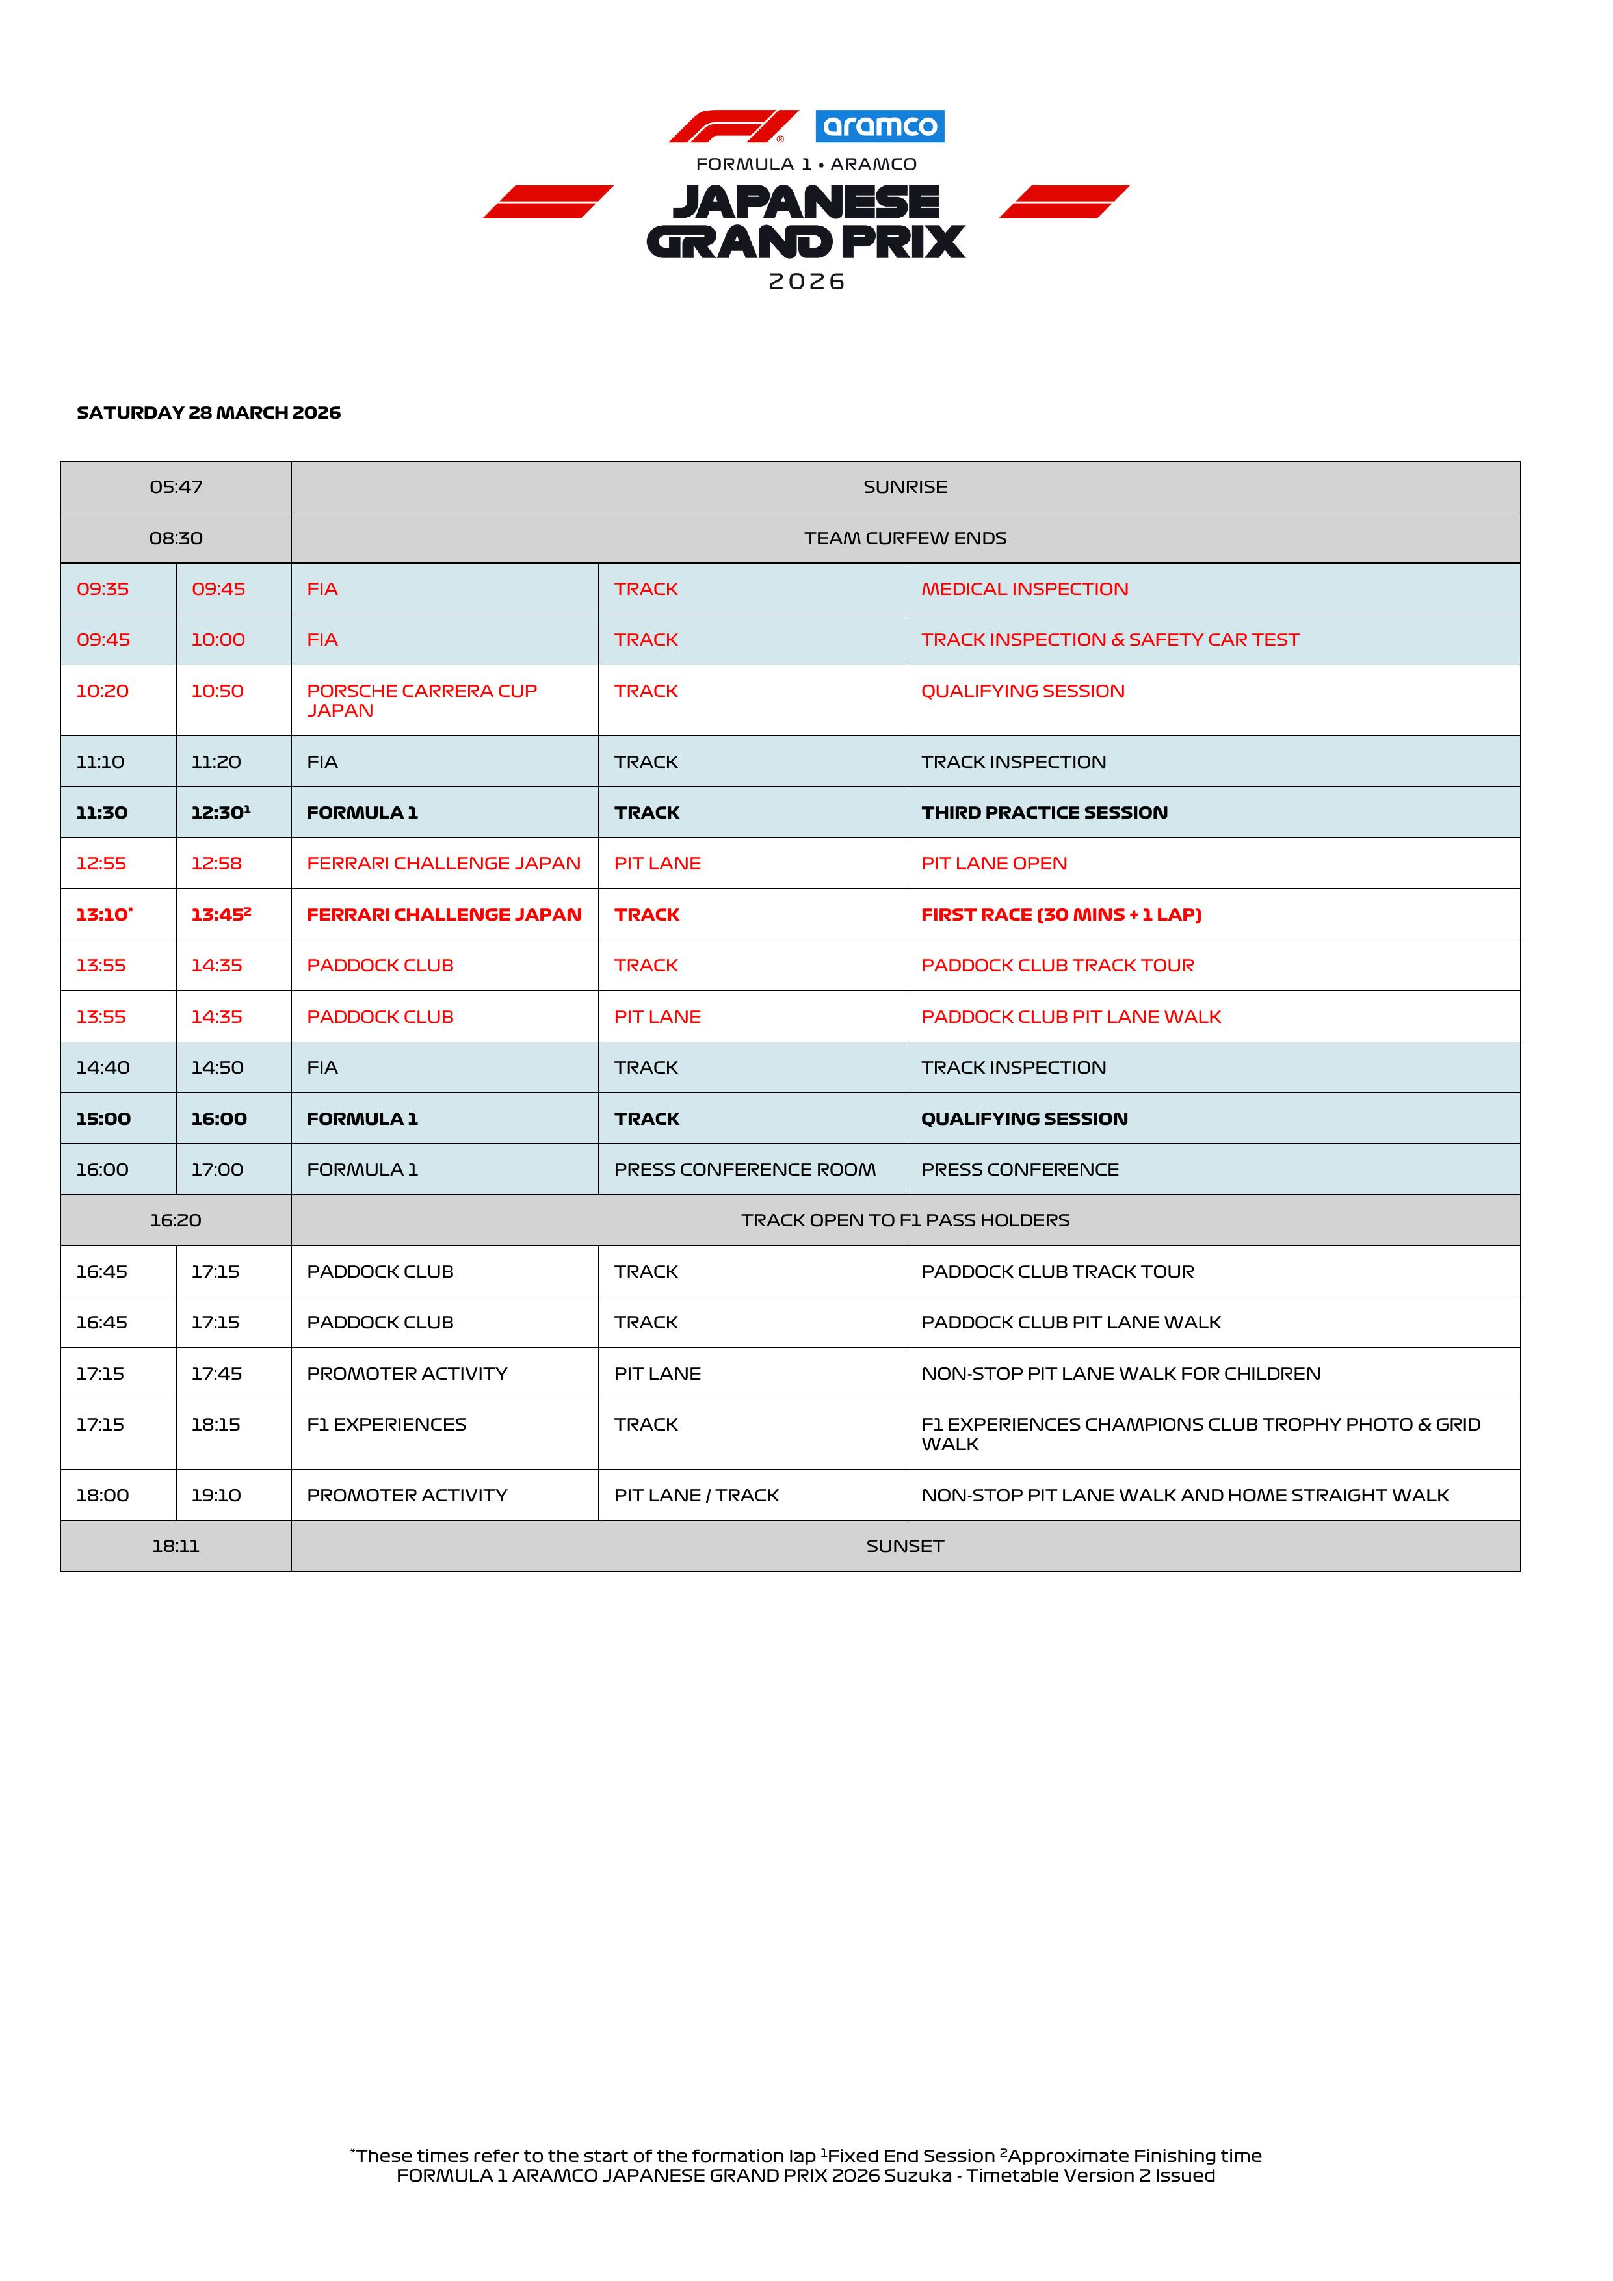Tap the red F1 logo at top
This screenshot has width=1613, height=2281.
(733, 126)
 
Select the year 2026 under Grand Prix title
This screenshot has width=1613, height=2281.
(806, 282)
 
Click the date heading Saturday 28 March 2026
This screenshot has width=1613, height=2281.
(209, 412)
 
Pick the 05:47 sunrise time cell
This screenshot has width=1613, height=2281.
(176, 487)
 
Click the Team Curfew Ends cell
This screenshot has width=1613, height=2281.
(905, 538)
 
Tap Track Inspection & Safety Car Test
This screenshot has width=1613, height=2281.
(1109, 640)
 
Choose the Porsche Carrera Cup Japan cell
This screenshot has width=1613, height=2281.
(421, 700)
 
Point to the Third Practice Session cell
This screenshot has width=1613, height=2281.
(1044, 813)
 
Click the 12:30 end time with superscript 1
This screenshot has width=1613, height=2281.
(220, 813)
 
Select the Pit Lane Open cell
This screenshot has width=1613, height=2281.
(993, 864)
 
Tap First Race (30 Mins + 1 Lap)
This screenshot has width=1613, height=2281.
(1061, 915)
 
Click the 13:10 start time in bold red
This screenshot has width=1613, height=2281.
(103, 915)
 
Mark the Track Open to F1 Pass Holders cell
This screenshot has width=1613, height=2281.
(905, 1220)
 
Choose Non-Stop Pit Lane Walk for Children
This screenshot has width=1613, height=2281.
(1120, 1374)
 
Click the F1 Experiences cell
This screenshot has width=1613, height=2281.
(386, 1425)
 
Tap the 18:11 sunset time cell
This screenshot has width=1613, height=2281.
(176, 1546)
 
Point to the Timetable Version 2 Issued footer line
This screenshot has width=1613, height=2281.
(806, 2176)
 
